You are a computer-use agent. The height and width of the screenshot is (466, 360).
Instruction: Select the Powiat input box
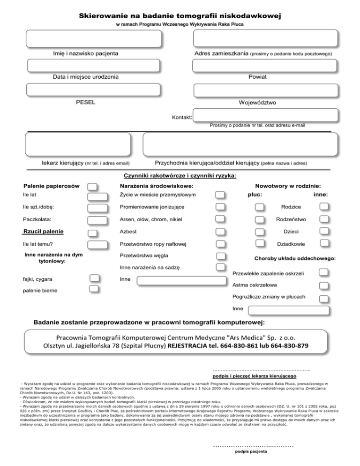click(x=265, y=65)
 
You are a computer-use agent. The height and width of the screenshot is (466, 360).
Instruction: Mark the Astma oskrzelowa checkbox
click(x=322, y=285)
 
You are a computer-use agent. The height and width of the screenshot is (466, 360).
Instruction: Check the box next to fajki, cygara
click(x=94, y=279)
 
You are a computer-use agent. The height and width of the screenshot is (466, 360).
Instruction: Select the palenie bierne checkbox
click(x=94, y=289)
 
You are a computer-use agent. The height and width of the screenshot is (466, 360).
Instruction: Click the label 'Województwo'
click(x=257, y=102)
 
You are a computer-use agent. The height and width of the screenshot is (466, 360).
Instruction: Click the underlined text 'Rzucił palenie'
click(x=44, y=232)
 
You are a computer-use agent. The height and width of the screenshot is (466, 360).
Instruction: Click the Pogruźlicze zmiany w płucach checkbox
click(x=322, y=297)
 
